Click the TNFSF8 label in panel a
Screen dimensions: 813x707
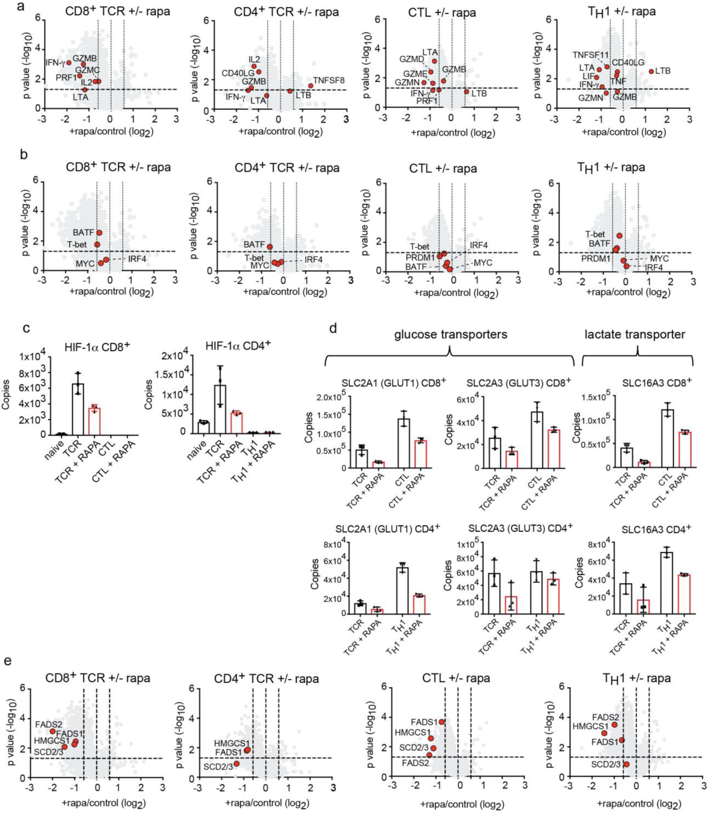pos(329,81)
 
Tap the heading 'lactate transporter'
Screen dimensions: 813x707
pos(635,335)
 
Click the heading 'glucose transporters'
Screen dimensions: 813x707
pos(451,335)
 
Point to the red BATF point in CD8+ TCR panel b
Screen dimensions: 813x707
pos(99,233)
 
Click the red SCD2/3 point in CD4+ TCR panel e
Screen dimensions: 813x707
pos(236,763)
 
